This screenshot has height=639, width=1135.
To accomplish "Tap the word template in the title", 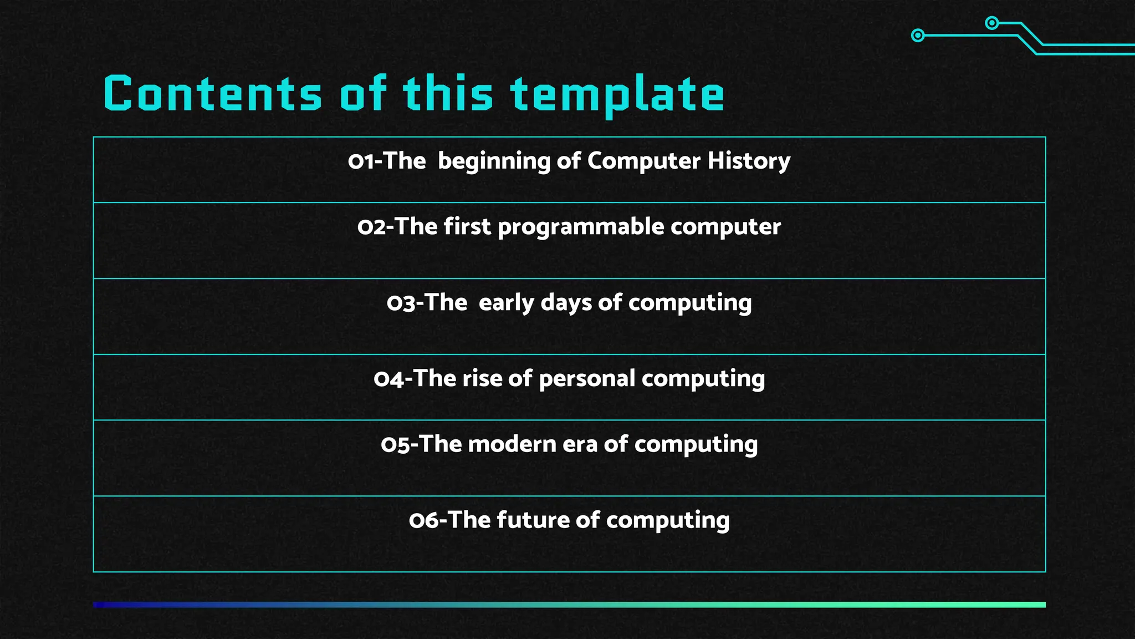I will point(617,95).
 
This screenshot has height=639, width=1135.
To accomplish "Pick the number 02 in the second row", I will point(371,227).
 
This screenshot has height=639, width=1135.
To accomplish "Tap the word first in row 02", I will point(467,227).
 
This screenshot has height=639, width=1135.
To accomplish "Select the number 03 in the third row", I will point(400,303).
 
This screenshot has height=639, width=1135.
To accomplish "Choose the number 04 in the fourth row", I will point(388,379).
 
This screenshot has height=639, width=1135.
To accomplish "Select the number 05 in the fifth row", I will point(395,444).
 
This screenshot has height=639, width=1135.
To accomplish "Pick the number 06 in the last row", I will point(423,520).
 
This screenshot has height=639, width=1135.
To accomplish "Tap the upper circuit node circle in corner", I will point(992,23).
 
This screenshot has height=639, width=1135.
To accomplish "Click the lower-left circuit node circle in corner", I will point(918,35).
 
